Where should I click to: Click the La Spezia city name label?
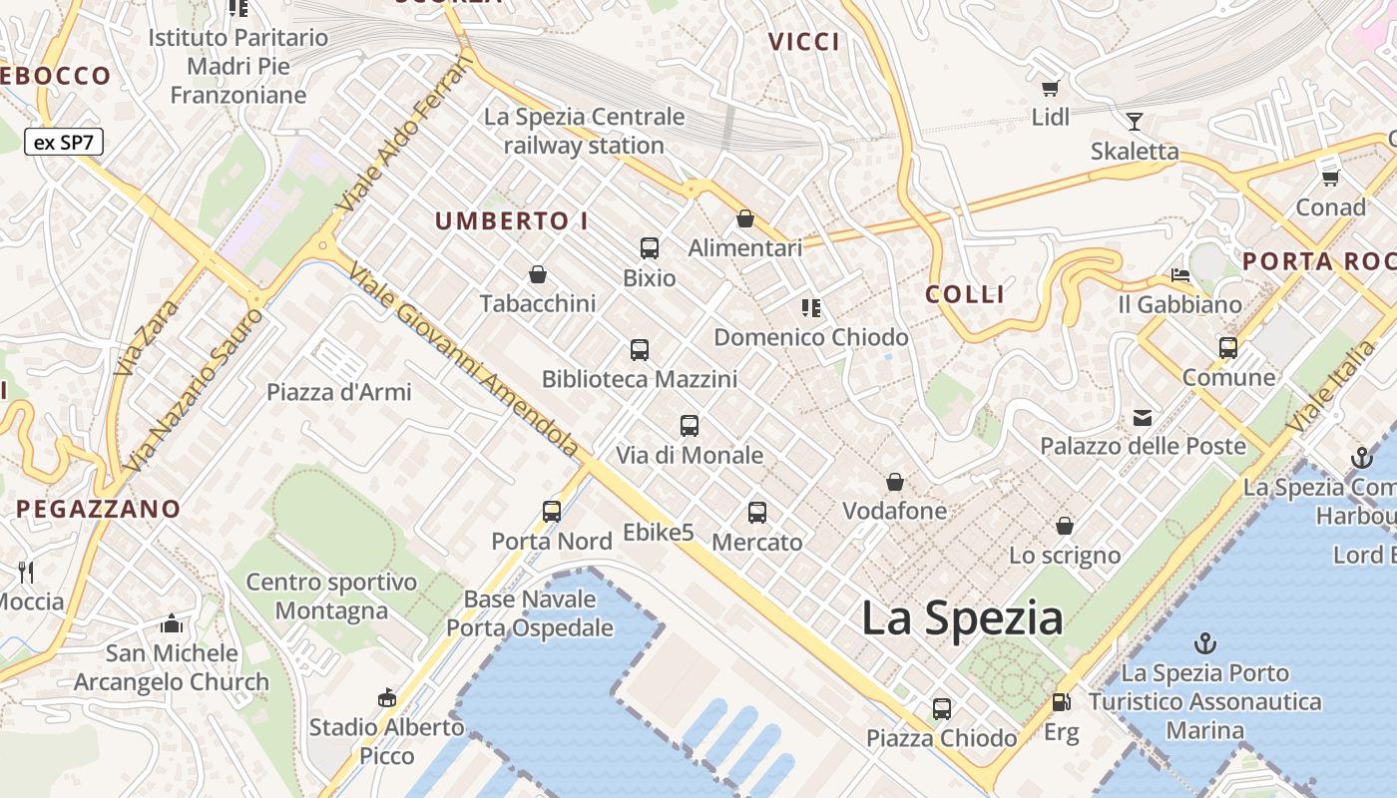coord(962,618)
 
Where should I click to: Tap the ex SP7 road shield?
coord(64,142)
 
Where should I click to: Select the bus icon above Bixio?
coord(650,247)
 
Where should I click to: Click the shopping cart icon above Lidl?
coord(1050,88)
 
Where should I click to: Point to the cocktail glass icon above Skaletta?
coord(1134,122)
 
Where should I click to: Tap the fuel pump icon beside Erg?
coord(1061,702)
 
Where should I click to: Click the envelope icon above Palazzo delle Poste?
coord(1143,417)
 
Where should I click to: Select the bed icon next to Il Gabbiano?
coord(1180,274)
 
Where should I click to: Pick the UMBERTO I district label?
coord(512,221)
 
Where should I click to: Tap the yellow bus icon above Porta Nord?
coord(552,512)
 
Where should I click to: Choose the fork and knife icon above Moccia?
coord(27,572)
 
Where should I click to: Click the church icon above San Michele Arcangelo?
coord(172,624)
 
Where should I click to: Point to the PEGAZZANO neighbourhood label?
coord(99,509)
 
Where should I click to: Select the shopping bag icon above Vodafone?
coord(895,483)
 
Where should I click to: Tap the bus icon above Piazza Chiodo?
coord(941,709)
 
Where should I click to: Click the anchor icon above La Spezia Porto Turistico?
coord(1205,643)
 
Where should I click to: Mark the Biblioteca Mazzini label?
coord(640,379)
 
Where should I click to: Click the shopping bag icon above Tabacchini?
coord(538,274)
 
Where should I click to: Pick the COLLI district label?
coord(965,294)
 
